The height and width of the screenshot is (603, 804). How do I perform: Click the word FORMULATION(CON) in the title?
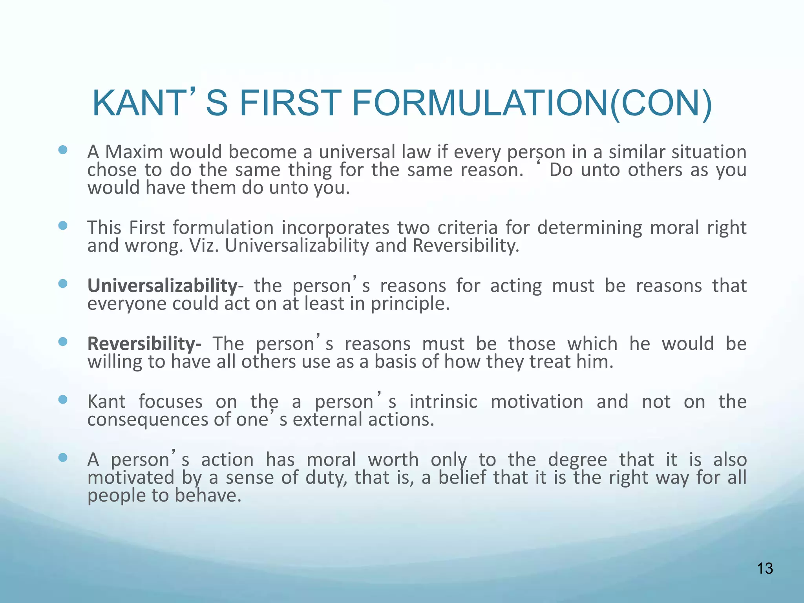point(532,104)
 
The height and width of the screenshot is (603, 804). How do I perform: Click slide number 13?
point(765,568)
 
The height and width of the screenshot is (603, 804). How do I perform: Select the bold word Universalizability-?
point(165,286)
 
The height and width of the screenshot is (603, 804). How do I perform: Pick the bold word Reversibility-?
point(144,344)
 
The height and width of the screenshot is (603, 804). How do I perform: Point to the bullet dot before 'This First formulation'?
point(63,226)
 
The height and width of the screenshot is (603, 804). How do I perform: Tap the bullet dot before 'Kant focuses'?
point(63,400)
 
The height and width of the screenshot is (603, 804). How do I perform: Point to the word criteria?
point(467,228)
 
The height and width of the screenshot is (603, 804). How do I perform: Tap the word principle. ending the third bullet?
point(410,304)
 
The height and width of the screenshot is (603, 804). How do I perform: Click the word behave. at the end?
point(208,496)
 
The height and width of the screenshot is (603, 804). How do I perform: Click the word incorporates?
point(336,228)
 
